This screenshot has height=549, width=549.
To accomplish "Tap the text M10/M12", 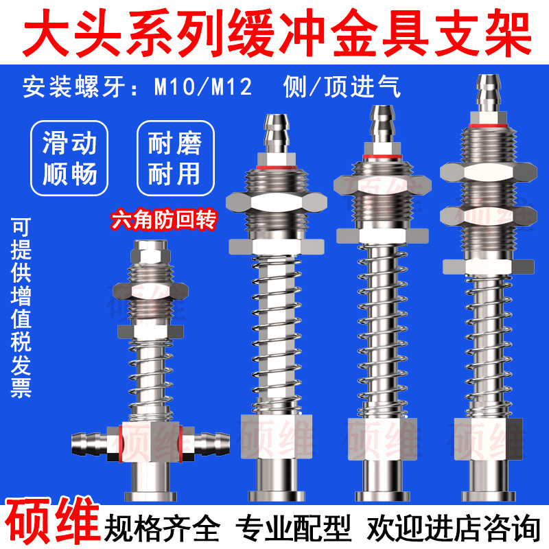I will (202, 87).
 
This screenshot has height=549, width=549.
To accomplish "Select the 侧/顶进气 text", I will (341, 87).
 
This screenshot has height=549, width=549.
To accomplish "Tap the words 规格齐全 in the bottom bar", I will (162, 528).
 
